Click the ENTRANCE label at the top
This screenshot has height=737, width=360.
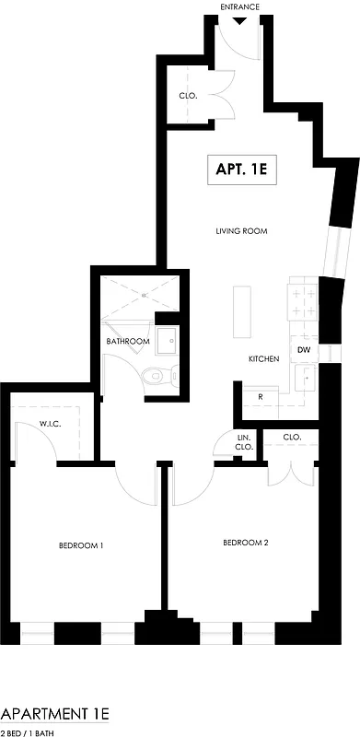[x=240, y=6]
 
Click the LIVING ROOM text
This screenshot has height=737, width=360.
[x=241, y=231]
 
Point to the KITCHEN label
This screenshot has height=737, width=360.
[x=263, y=358]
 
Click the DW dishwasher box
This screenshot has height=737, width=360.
[x=303, y=350]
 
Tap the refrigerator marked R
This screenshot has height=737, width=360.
[x=261, y=398]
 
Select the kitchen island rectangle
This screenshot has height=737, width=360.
[x=242, y=311]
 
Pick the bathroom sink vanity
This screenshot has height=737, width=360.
[x=167, y=342]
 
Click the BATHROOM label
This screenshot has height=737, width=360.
[x=127, y=342]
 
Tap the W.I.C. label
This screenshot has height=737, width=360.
[x=50, y=424]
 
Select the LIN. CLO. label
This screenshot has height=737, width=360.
[x=244, y=442]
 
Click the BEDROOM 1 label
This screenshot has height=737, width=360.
[x=80, y=546]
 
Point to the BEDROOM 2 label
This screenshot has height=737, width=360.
[x=246, y=543]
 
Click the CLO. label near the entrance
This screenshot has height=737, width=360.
[x=186, y=96]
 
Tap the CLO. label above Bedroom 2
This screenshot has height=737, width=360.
[x=292, y=437]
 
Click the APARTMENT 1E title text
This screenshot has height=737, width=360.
[x=55, y=714]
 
